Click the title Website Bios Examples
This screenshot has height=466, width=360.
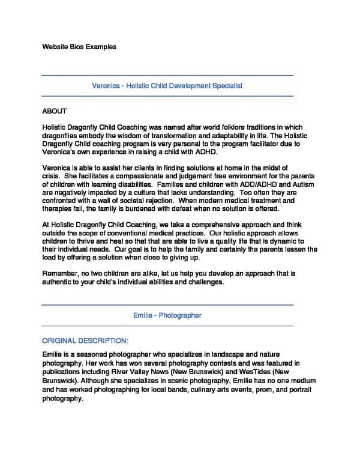[79, 46]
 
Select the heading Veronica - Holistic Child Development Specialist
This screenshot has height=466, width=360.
[167, 86]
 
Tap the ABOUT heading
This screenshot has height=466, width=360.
[55, 112]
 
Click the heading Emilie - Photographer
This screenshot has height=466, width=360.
[167, 315]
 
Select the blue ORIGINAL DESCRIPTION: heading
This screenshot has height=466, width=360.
[85, 340]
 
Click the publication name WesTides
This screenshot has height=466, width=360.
[260, 372]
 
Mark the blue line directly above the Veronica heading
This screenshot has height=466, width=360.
[167, 76]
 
